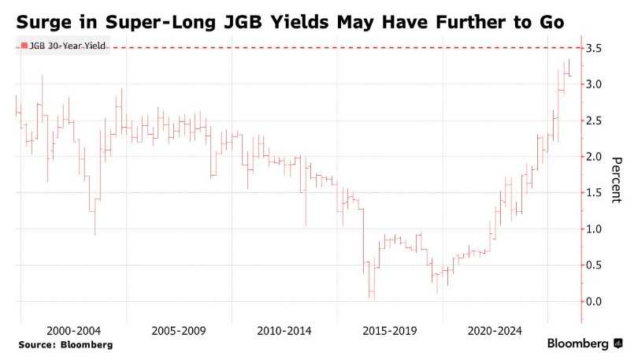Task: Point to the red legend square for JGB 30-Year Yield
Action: pyautogui.click(x=24, y=46)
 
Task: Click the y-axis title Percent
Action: pyautogui.click(x=618, y=180)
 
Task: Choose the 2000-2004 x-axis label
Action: pyautogui.click(x=73, y=331)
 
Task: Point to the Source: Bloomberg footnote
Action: pyautogui.click(x=65, y=345)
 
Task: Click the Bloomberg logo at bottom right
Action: pyautogui.click(x=584, y=343)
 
